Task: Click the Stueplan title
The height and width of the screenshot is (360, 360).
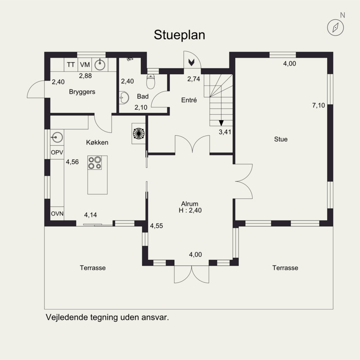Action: coord(179,35)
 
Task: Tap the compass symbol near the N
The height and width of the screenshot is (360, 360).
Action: coord(335,27)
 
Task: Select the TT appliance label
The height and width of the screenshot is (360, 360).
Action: coord(71,65)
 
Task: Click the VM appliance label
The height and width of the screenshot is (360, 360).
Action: coord(85,65)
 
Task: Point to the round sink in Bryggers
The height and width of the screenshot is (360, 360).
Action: coord(100,64)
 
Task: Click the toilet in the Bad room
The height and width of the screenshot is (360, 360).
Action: coord(151,82)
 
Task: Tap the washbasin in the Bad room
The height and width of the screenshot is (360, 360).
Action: coord(124,98)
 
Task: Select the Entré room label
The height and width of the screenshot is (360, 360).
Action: coord(189,100)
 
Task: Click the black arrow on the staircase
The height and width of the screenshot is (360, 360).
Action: coord(221,123)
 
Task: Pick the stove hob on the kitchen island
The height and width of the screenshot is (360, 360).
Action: coord(94,163)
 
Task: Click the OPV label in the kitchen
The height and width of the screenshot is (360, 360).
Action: coord(57,153)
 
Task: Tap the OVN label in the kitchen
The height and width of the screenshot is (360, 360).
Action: coord(57,214)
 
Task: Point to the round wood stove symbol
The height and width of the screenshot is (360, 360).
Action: coord(139,133)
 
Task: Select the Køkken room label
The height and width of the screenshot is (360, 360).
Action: coord(97,142)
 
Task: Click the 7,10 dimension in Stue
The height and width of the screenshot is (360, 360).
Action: coord(319,105)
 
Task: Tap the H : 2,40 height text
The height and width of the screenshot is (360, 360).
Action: coord(190,210)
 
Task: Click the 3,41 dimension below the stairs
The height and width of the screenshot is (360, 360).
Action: coord(225,132)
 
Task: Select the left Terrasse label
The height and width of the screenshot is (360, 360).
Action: coord(93,268)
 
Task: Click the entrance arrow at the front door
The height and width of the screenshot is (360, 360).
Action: coord(191,62)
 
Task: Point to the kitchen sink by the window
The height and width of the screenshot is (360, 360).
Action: coord(57,138)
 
